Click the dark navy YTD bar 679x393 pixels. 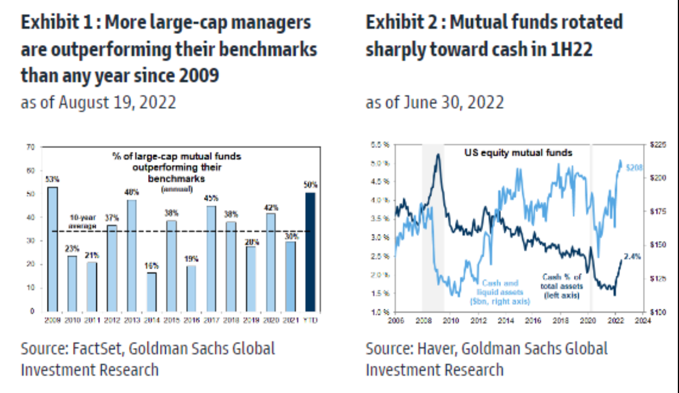point(310,251)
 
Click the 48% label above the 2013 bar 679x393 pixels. point(131,192)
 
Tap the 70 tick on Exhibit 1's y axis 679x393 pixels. point(30,146)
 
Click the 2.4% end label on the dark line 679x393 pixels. point(632,257)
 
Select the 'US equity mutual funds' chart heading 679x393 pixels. point(519,153)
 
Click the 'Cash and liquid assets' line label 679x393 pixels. point(500,292)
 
